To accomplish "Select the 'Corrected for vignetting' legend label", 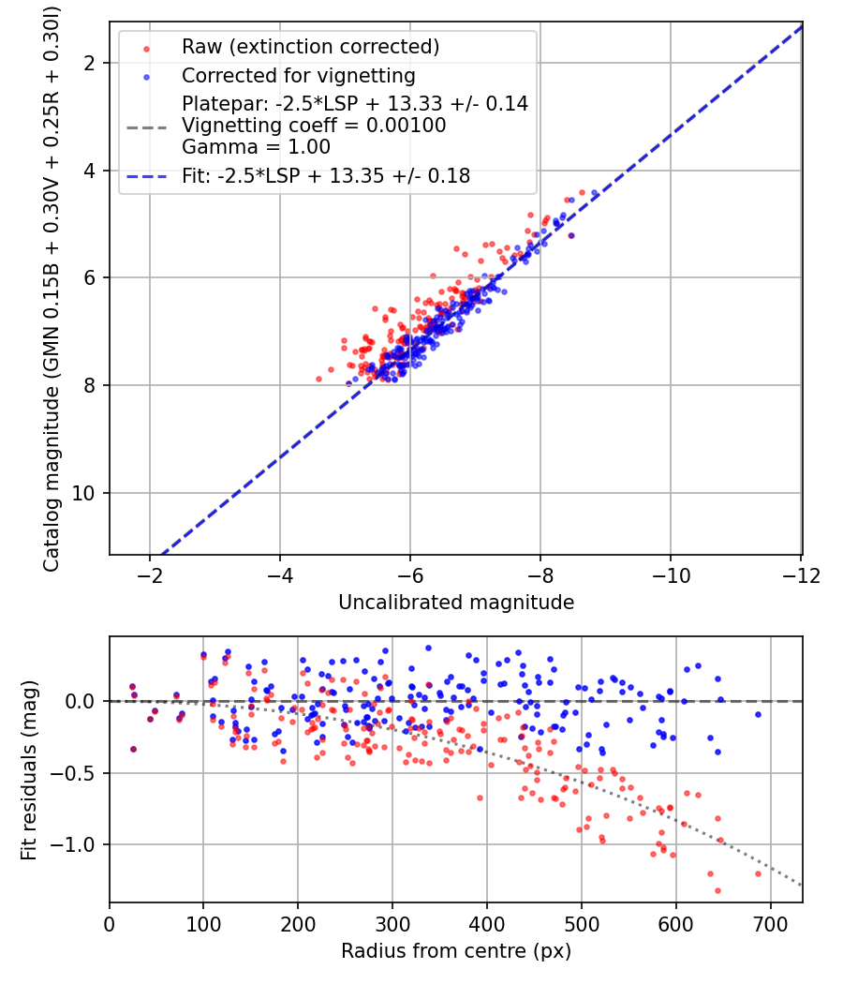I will point(298,75).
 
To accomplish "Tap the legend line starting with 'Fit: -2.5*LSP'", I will point(326,175).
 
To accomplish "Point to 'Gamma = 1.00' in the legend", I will point(256,147).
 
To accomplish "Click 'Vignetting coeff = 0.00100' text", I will point(314,126).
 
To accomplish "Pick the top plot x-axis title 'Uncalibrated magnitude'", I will point(455,603).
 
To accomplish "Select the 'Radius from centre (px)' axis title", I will point(455,951).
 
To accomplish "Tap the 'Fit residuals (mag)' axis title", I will point(29,769).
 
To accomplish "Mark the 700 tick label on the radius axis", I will point(770,923).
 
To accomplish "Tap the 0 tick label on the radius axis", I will point(110,923).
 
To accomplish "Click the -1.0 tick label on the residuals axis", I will point(74,844).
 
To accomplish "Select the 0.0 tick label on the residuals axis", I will point(80,701).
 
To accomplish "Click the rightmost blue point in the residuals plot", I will point(758,714).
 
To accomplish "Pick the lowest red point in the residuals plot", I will point(717,890).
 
